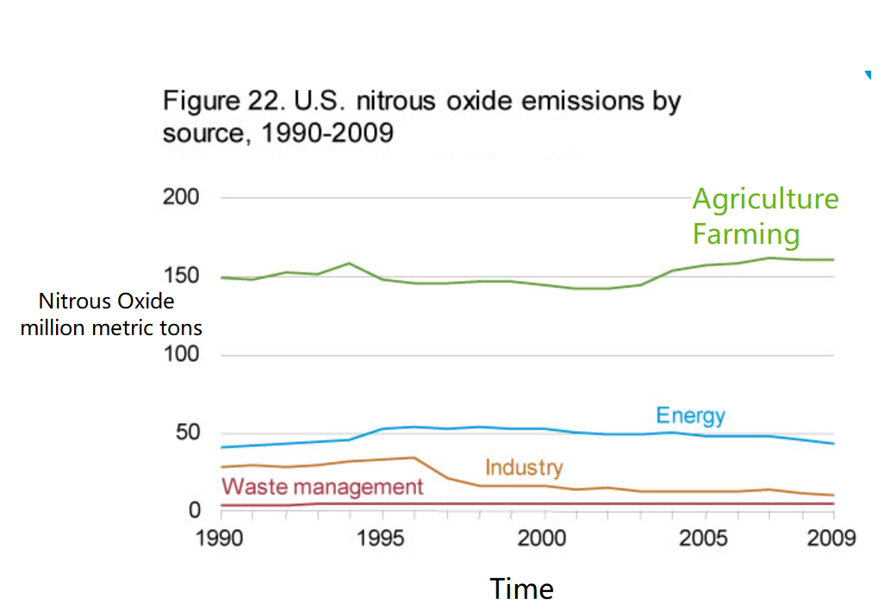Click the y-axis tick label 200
181,197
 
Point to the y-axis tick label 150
181,277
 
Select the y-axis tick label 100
181,355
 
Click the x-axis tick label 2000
544,538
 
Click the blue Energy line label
690,416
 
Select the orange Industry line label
523,468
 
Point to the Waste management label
322,487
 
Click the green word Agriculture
765,199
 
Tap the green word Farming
746,234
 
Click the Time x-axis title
521,588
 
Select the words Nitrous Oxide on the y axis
106,302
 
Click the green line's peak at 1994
349,263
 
